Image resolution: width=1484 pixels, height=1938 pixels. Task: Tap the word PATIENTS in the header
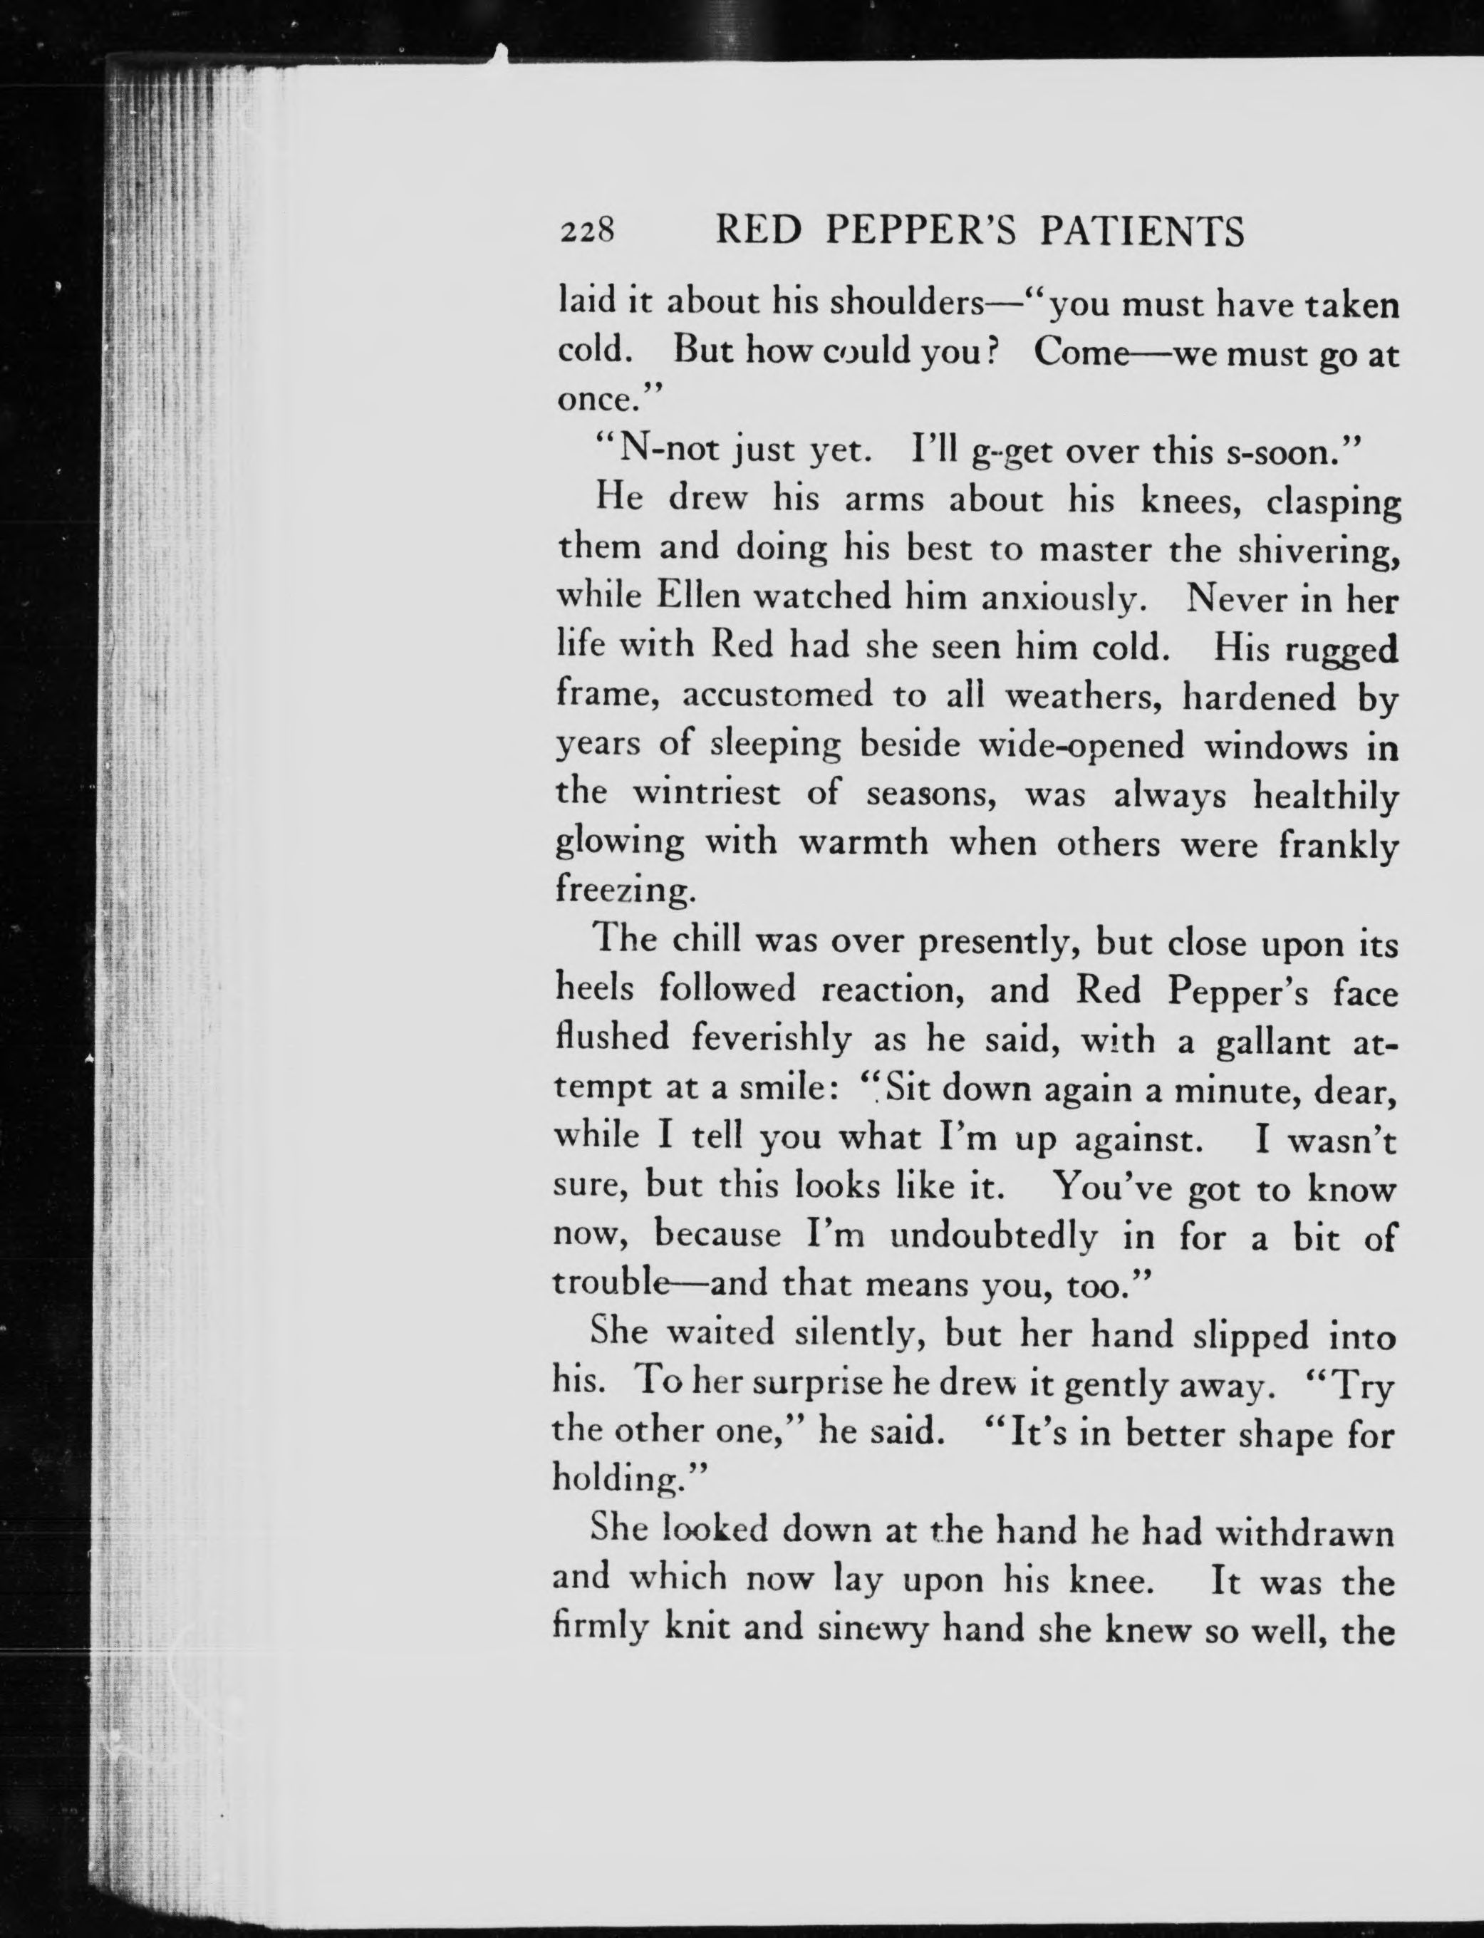pyautogui.click(x=1141, y=231)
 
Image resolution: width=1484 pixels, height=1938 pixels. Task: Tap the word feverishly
pyautogui.click(x=771, y=1038)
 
